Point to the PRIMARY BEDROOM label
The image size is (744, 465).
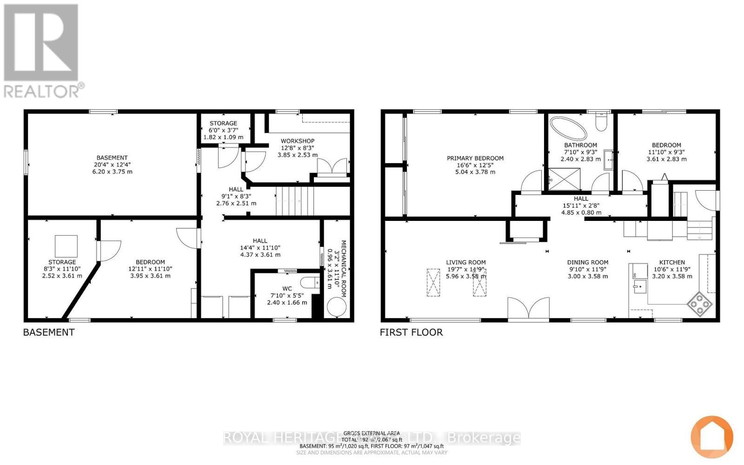[x=475, y=158]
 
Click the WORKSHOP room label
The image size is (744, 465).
[x=297, y=141]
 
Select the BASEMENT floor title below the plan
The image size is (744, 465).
[x=49, y=332]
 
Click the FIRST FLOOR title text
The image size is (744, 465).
[x=411, y=332]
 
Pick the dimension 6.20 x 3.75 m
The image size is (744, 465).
[x=112, y=172]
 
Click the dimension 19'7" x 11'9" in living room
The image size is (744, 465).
[x=465, y=269]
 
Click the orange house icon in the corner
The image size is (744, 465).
[x=711, y=437]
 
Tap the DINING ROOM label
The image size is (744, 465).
[x=587, y=262]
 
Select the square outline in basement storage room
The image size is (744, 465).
[x=66, y=247]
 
